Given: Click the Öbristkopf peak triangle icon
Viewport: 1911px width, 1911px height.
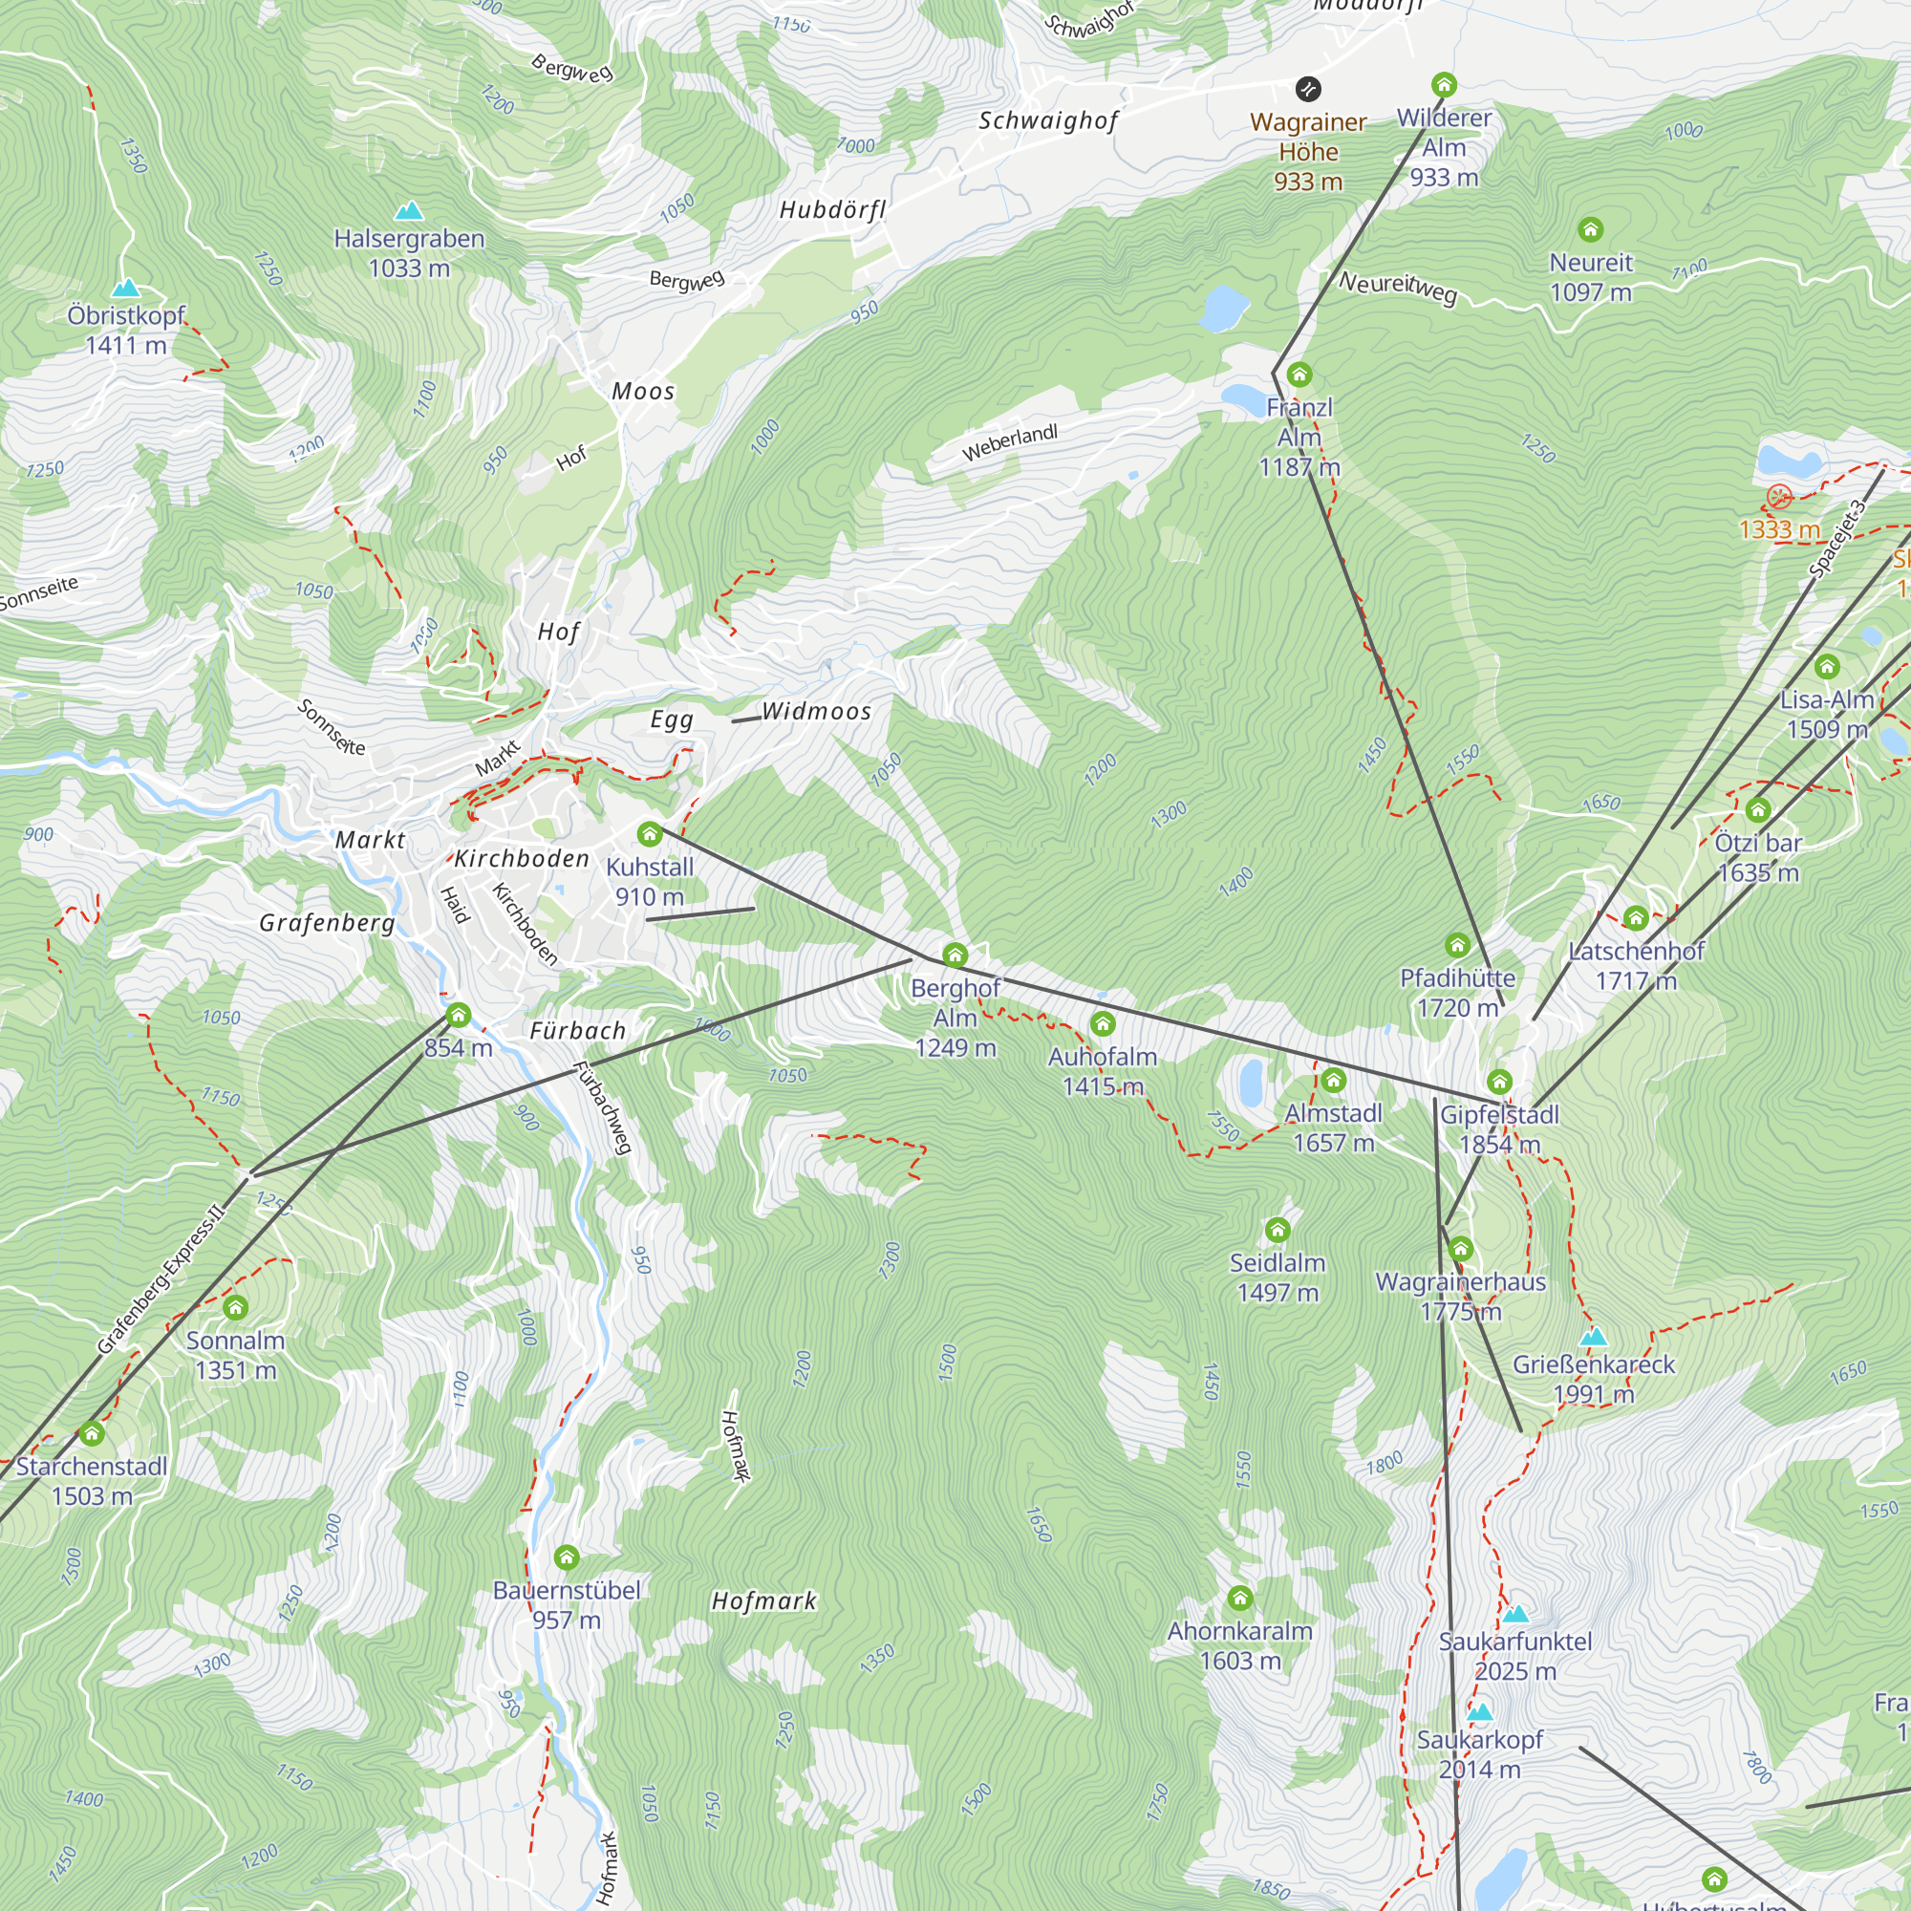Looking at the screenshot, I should pyautogui.click(x=125, y=288).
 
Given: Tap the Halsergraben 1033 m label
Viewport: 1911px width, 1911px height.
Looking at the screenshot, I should pyautogui.click(x=409, y=253).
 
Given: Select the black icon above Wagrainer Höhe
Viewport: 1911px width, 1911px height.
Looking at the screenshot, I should pyautogui.click(x=1308, y=89).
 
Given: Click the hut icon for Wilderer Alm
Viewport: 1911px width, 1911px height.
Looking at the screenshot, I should pyautogui.click(x=1444, y=84).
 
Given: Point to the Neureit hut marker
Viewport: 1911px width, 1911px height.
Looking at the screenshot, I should pyautogui.click(x=1591, y=229).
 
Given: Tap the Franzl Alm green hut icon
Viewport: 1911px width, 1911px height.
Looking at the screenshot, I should pyautogui.click(x=1299, y=375).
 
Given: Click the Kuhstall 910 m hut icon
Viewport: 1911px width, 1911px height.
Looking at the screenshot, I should pyautogui.click(x=650, y=834).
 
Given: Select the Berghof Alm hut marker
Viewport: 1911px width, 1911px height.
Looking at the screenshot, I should pyautogui.click(x=955, y=955).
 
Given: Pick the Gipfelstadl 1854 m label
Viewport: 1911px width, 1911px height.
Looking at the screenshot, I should pyautogui.click(x=1499, y=1128).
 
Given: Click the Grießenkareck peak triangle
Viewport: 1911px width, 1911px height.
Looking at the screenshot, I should pyautogui.click(x=1594, y=1338).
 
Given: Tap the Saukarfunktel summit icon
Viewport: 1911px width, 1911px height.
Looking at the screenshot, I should pyautogui.click(x=1516, y=1614).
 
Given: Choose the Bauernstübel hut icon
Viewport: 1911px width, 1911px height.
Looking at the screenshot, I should pyautogui.click(x=567, y=1557).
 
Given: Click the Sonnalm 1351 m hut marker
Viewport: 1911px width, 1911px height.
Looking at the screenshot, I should pyautogui.click(x=235, y=1308).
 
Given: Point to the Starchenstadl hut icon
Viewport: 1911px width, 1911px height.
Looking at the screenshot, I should pyautogui.click(x=92, y=1433).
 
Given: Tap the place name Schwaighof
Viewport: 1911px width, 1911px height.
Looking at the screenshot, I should pyautogui.click(x=1048, y=120).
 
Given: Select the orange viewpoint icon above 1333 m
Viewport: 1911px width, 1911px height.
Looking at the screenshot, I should pyautogui.click(x=1779, y=497).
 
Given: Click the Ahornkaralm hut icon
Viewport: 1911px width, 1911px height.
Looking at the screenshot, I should pyautogui.click(x=1240, y=1599).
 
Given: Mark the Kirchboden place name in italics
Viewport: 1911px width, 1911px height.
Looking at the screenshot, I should pyautogui.click(x=522, y=859).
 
